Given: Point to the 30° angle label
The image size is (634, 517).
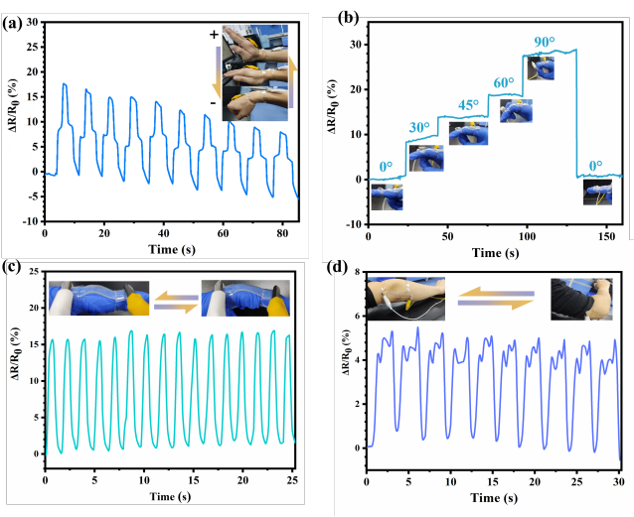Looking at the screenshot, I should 419,126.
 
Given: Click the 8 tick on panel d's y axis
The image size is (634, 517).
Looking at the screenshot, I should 356,269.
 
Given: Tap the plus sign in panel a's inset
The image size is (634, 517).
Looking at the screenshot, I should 213,36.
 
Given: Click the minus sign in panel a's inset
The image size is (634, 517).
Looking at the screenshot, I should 214,102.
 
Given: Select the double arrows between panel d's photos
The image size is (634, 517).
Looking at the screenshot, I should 495,298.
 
